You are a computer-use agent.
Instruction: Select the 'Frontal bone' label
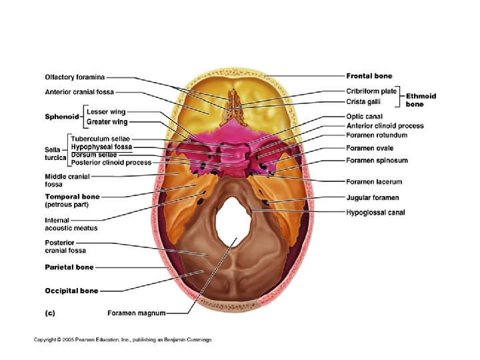369,76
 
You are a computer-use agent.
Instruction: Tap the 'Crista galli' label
364,101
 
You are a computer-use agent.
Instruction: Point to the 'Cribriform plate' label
371,91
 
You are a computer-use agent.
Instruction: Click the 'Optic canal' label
364,116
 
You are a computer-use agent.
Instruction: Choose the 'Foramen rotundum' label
377,135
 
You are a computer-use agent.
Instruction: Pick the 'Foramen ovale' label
369,148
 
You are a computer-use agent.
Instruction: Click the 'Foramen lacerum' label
373,181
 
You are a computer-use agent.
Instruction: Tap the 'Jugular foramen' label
372,197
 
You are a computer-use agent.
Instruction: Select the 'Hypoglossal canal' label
375,213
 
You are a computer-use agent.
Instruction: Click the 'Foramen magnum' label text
136,312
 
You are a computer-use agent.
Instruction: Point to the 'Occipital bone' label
71,291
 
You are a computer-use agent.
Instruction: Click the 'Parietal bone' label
69,267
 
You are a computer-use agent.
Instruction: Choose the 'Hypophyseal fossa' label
101,146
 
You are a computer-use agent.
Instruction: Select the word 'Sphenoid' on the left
62,117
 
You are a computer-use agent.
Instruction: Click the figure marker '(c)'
50,312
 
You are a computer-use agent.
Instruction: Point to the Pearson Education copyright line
123,340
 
